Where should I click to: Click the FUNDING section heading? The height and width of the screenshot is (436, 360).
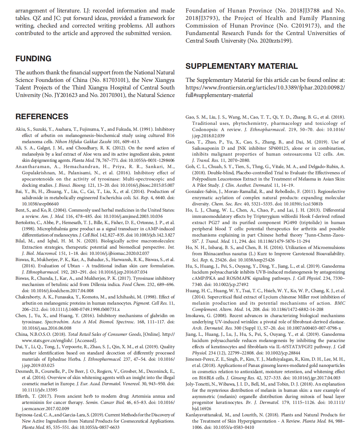(x=33, y=59)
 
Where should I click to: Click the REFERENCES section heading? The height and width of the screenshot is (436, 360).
(x=42, y=117)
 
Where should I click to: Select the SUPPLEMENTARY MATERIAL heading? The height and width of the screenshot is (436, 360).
(x=242, y=66)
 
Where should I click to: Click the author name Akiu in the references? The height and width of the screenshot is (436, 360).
(x=21, y=129)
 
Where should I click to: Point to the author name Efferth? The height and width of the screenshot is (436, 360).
(x=22, y=396)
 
